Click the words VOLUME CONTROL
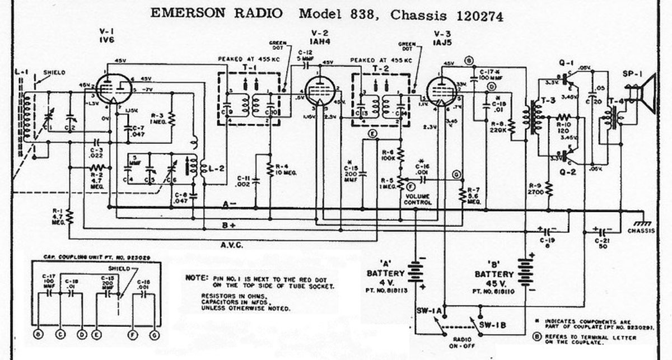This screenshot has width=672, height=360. click(418, 199)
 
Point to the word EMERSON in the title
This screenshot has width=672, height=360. click(183, 14)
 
